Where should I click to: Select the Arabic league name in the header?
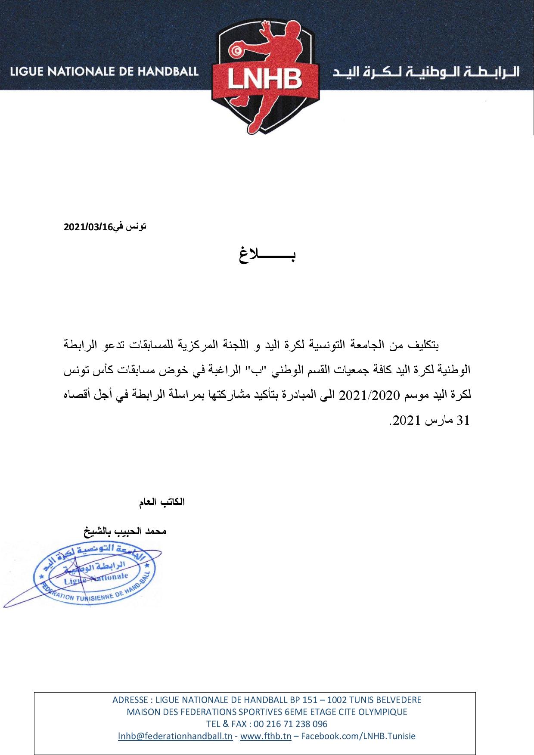click(x=426, y=71)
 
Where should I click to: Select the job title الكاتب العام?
click(x=161, y=502)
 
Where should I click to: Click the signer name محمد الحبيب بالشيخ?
click(x=125, y=531)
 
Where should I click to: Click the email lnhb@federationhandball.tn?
click(x=175, y=736)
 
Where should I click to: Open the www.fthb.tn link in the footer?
click(x=266, y=736)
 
